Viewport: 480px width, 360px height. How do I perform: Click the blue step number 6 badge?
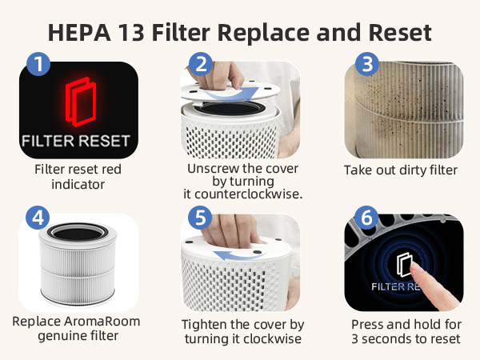[366, 218]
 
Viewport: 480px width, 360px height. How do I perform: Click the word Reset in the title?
[400, 32]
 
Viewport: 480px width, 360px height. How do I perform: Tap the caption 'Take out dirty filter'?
[401, 170]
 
